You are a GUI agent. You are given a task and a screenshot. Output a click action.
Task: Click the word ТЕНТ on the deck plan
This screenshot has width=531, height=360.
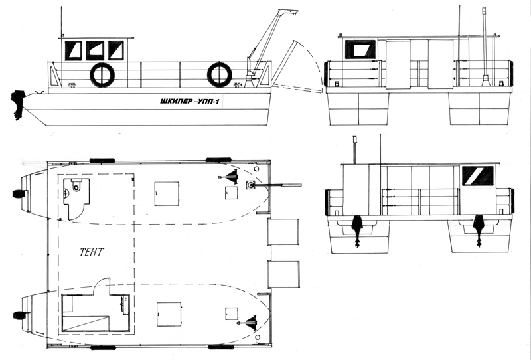pos(92,252)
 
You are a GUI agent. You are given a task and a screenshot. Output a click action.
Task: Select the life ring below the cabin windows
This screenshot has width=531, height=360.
pos(102,75)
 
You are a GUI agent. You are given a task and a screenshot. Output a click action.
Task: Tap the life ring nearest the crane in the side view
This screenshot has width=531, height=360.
pos(220,74)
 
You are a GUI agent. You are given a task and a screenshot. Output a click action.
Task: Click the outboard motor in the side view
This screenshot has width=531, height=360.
pos(18,104)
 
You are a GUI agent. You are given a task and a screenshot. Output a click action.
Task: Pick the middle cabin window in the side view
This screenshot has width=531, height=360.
pos(95,50)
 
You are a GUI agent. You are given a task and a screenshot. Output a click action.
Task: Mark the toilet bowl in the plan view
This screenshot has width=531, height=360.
pos(77,185)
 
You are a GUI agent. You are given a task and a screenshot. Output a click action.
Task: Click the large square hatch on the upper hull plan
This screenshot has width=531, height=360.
pos(167,193)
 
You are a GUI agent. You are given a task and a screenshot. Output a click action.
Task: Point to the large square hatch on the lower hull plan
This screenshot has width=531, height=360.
pos(169,314)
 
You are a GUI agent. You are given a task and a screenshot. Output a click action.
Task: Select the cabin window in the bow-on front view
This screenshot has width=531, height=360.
pos(360,50)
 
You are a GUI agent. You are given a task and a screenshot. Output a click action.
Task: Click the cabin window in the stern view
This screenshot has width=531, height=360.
pos(478,176)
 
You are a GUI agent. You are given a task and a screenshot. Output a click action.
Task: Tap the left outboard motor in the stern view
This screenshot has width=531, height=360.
pos(357,230)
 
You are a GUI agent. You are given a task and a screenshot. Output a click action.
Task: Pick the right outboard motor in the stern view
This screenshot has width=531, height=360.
pos(479,230)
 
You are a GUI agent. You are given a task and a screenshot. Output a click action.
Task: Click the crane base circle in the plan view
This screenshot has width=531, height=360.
pos(252,185)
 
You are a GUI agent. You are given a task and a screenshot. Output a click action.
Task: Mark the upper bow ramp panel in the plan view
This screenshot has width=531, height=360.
pos(283,232)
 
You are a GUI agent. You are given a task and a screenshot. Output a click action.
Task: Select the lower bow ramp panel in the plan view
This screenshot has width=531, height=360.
pos(284,274)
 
